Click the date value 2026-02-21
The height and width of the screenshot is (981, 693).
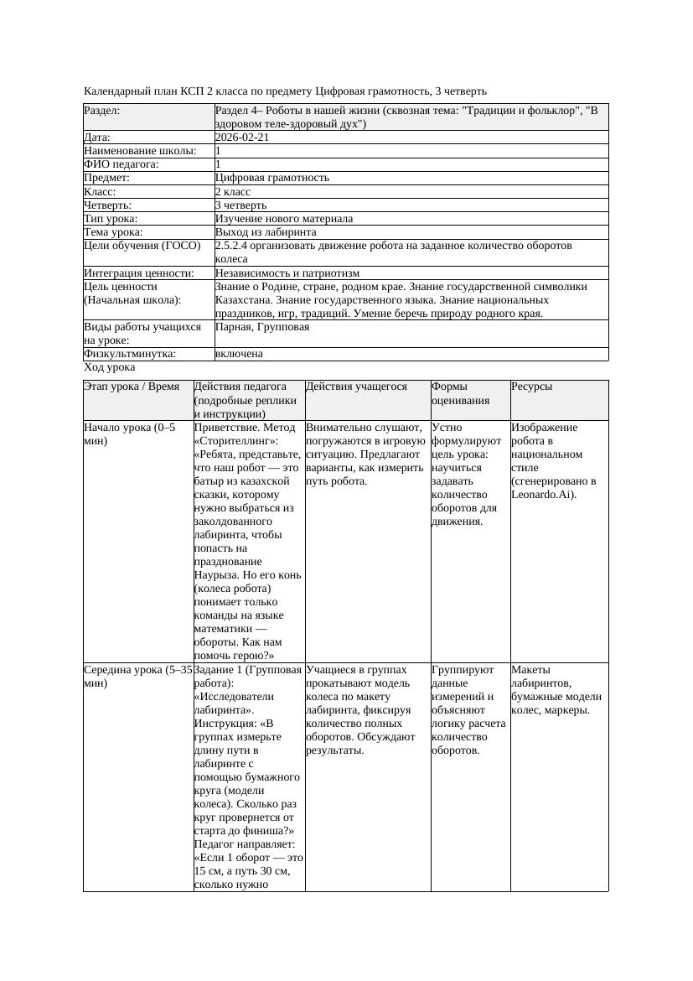point(242,138)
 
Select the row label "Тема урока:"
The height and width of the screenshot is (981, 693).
point(113,232)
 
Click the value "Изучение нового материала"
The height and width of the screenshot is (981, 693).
point(284,219)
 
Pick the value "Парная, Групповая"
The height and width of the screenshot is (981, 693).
point(262,327)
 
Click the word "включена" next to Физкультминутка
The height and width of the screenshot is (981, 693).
point(239,354)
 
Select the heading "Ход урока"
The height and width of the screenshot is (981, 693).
point(110,367)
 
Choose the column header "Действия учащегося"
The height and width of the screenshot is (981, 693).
point(356,387)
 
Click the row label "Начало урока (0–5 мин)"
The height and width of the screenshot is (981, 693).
point(130,433)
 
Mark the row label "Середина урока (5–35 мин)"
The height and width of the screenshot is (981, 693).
point(137,677)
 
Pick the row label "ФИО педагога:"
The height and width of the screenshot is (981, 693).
point(122,164)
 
